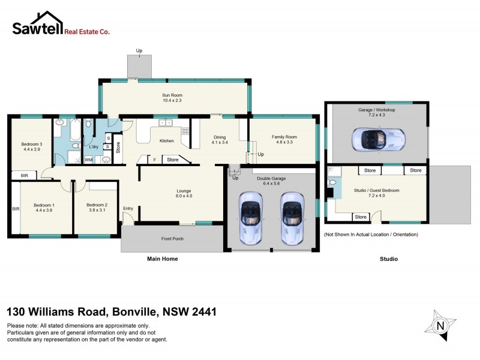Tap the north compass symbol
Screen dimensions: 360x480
[440, 325]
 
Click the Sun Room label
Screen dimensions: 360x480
[172, 95]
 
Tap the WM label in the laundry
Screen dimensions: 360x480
[88, 160]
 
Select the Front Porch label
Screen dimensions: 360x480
[172, 239]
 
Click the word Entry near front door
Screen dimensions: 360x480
[128, 209]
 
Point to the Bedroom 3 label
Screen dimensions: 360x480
[31, 144]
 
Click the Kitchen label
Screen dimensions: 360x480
[166, 141]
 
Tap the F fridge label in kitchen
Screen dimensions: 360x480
[154, 160]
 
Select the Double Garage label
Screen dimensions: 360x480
[271, 178]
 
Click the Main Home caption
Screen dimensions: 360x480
[163, 259]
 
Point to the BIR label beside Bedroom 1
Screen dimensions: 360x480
[16, 209]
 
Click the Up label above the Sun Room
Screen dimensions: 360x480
[139, 50]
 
